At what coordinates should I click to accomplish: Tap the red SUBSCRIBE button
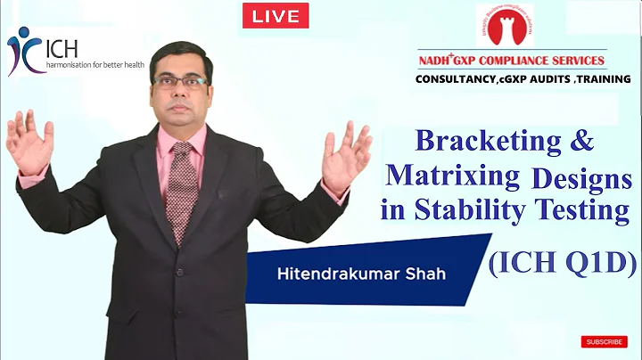coord(604,341)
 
